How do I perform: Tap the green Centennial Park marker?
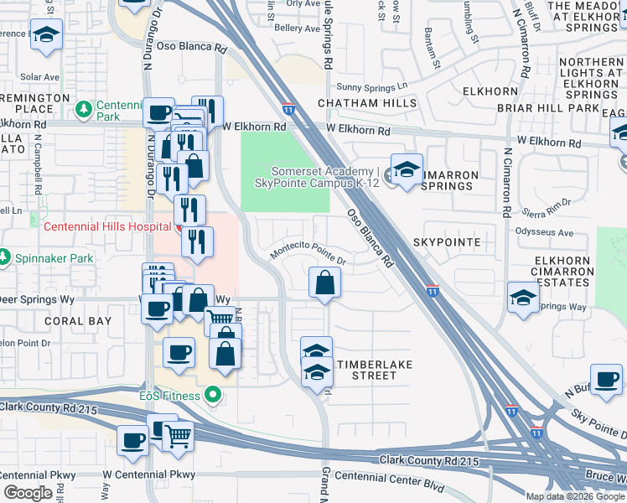click(x=83, y=109)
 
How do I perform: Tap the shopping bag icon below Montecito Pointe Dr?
click(x=324, y=283)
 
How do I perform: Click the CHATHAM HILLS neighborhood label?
click(x=367, y=103)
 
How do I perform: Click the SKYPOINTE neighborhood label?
click(x=447, y=242)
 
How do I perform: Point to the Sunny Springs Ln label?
click(x=371, y=86)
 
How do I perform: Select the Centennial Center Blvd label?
click(x=389, y=476)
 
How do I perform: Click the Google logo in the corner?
click(x=28, y=493)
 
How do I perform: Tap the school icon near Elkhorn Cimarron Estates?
click(x=523, y=298)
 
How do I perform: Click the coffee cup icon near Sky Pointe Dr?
click(x=606, y=379)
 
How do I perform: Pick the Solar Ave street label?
click(x=39, y=77)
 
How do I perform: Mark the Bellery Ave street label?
click(x=298, y=28)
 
